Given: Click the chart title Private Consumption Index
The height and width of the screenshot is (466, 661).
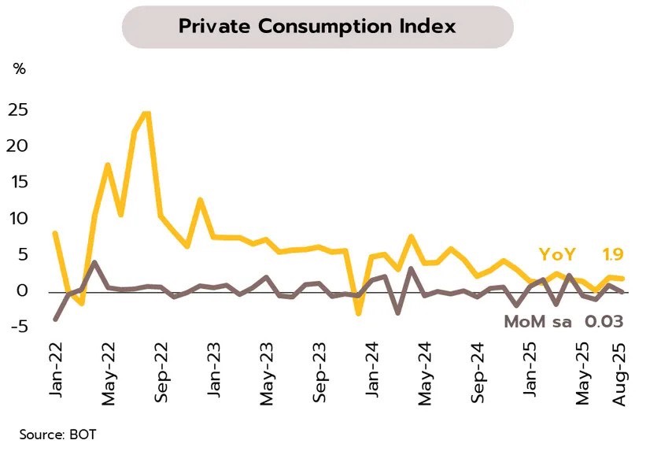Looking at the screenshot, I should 317,27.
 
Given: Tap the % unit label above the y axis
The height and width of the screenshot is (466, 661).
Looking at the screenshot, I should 20,69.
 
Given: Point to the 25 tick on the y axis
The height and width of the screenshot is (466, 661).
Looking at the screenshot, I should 18,110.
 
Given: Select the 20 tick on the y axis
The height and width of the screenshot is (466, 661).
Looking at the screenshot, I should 18,146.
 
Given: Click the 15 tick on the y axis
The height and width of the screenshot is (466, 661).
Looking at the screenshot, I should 18,183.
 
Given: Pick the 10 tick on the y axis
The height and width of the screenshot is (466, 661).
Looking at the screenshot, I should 18,219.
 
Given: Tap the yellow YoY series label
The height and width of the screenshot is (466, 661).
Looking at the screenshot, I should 557,254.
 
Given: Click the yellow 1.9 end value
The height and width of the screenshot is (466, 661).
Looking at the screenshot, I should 613,254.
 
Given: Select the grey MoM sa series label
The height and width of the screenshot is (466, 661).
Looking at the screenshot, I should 539,322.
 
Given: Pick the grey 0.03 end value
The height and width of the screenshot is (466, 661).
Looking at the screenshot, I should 604,322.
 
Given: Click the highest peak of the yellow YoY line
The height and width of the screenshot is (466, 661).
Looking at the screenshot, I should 146,113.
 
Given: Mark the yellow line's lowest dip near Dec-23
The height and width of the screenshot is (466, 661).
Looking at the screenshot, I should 358,313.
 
